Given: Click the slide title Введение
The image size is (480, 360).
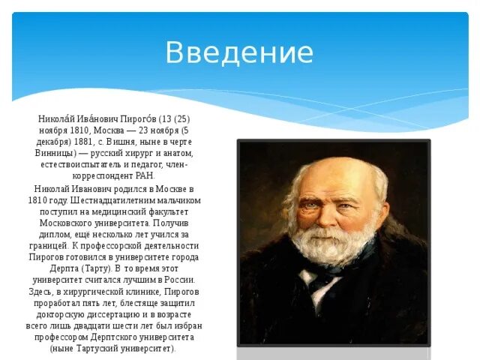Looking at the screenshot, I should [x=239, y=53].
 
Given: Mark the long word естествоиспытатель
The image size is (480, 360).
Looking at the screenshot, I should [x=94, y=163].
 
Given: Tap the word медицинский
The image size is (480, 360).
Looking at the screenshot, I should [x=120, y=212].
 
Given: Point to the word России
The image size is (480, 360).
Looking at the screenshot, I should [x=179, y=280].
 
